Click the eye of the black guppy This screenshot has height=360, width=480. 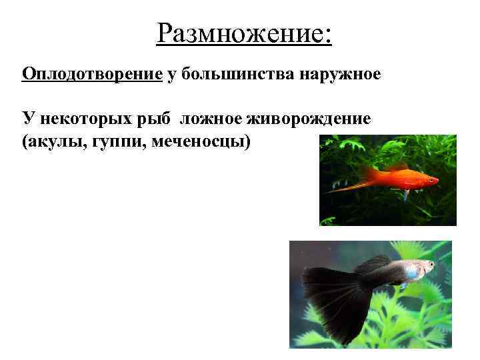(431, 265)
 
